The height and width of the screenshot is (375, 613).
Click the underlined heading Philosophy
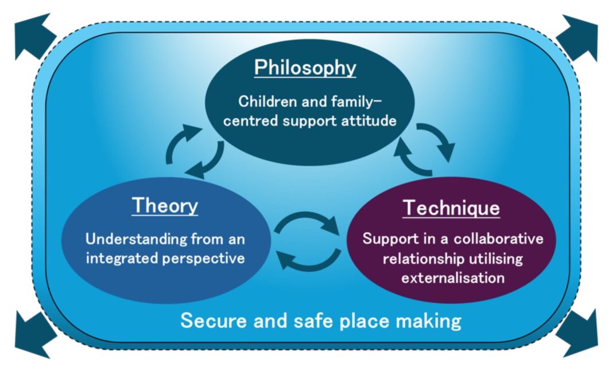(305, 68)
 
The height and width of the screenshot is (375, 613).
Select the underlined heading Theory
(165, 206)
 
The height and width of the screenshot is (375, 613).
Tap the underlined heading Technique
(451, 208)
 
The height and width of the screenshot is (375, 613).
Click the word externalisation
(453, 278)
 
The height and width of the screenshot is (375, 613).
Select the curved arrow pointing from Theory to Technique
(306, 214)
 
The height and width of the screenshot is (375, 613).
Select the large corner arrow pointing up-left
(34, 36)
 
